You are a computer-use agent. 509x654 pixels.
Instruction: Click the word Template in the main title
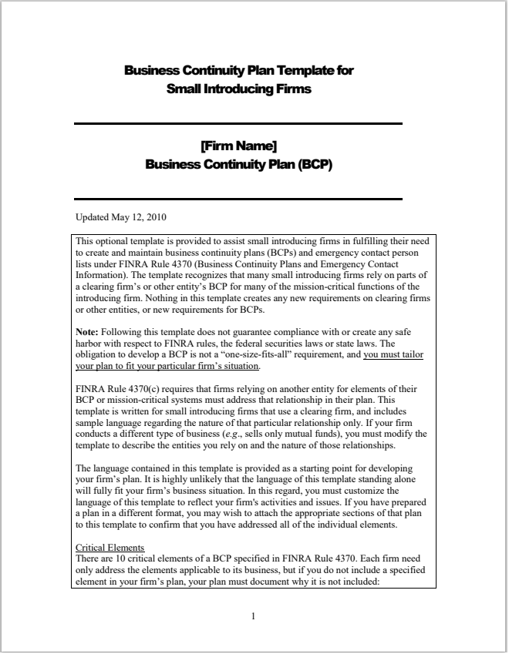[x=307, y=71]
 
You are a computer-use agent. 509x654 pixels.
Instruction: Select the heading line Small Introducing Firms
[x=239, y=89]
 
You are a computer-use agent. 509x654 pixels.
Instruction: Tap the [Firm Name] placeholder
[x=238, y=146]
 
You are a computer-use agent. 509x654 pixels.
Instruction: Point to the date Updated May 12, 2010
[x=121, y=217]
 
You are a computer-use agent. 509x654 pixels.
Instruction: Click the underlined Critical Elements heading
[x=110, y=548]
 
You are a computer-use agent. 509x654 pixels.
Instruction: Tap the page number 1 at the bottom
[x=254, y=615]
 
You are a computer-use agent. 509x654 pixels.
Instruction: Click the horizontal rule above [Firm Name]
[x=238, y=123]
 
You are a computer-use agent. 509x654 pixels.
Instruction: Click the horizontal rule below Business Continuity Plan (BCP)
[x=238, y=199]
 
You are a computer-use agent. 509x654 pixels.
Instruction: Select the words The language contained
[x=123, y=468]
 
